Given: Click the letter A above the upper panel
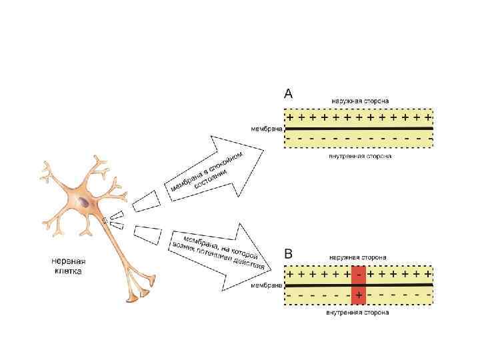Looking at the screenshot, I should point(289,94).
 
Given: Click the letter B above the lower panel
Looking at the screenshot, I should point(289,254).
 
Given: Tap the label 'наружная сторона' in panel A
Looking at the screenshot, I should point(361,101).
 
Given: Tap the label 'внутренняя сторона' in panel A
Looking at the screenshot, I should point(360,157).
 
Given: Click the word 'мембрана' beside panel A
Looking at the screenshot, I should point(267,127).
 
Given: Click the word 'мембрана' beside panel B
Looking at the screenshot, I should point(267,285).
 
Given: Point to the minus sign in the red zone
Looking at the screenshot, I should point(359,274).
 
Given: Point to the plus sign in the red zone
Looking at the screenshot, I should point(359,295).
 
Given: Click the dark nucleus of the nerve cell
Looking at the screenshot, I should point(83,201).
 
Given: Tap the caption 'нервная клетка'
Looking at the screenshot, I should point(71,266).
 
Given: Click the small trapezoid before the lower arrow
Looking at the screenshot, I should point(147,233).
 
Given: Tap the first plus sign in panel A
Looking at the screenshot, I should point(290,116).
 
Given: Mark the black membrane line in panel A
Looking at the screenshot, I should point(360,127).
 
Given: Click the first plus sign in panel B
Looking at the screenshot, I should point(290,274).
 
